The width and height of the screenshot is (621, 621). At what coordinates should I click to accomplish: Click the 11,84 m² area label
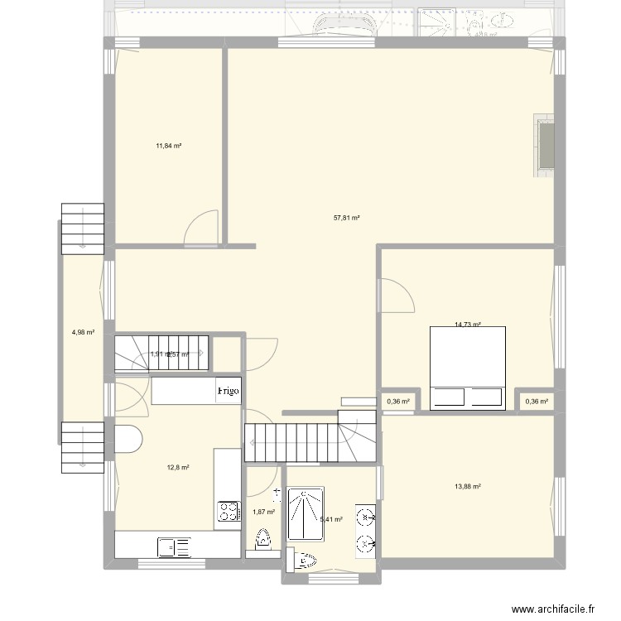tap(168, 146)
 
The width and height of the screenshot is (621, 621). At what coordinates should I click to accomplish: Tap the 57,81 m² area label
tap(346, 219)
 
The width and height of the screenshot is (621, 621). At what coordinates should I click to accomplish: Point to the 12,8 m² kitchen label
tap(178, 468)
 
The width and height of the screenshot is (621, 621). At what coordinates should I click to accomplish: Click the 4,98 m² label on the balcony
tap(83, 332)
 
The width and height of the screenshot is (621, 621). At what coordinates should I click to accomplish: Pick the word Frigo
tap(229, 390)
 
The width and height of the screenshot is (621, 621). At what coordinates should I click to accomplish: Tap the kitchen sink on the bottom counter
tap(175, 546)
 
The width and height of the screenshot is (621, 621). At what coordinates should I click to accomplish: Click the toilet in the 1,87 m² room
tap(264, 542)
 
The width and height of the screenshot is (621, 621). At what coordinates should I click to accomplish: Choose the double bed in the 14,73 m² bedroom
tap(466, 368)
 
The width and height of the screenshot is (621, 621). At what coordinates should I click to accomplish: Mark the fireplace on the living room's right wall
tap(546, 145)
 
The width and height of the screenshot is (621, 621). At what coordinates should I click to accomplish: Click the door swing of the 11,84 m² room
tap(201, 229)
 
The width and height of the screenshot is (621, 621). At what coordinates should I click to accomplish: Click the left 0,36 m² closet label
tap(398, 402)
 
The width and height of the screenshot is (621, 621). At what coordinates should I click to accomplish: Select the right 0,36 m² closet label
tap(537, 402)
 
